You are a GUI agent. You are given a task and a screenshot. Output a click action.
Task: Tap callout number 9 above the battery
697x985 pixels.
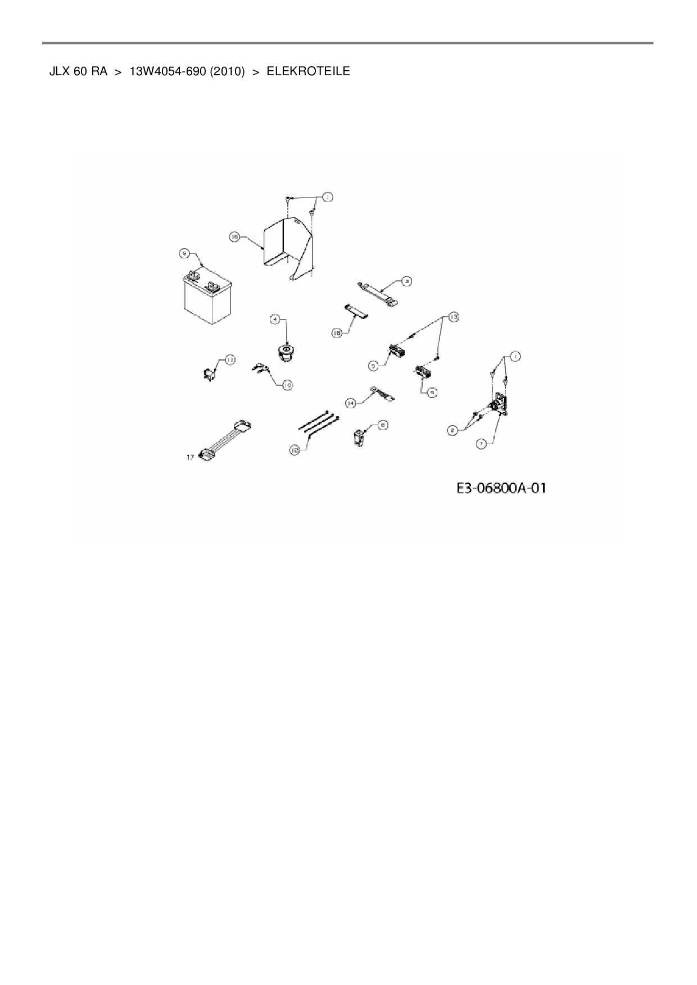pos(184,254)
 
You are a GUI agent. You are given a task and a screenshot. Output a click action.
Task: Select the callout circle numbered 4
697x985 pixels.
pos(275,320)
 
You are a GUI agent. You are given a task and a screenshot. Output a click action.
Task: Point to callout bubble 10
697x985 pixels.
pos(287,385)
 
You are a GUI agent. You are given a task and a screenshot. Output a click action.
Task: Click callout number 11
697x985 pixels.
pos(229,359)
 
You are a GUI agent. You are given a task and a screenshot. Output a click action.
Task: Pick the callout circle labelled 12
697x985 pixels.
pos(295,450)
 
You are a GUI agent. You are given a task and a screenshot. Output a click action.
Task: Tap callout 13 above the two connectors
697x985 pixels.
pos(453,317)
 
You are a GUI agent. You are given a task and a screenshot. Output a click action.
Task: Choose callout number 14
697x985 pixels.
pos(350,403)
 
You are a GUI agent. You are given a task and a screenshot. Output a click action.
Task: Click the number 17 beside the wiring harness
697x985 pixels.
pos(191,458)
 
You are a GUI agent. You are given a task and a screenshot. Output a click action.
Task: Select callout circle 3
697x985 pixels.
pos(406,280)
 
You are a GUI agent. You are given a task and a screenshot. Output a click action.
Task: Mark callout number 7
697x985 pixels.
pos(481,444)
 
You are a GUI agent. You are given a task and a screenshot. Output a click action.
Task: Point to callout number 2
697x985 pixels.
pos(451,431)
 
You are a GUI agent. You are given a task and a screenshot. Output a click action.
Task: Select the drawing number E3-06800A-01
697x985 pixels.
pos(501,488)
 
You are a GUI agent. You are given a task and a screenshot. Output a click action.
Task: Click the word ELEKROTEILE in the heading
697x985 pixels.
pos(308,71)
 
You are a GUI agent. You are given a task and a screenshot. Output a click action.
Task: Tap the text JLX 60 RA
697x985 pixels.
pos(78,71)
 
